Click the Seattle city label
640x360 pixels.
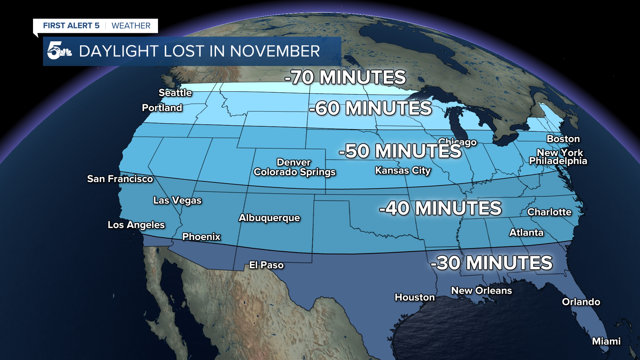175,93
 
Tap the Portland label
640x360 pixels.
162,108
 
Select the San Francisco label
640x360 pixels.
120,179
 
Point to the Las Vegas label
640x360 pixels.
177,200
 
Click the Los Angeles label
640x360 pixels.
136,225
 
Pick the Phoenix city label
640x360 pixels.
201,237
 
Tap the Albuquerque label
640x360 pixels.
269,218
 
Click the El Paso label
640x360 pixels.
266,265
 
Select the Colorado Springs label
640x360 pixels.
294,172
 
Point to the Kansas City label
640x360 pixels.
403,171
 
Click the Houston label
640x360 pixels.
415,297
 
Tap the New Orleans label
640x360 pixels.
481,291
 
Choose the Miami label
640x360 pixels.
606,341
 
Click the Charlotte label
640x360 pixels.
549,212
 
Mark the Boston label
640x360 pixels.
563,139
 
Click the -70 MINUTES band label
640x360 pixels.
345,77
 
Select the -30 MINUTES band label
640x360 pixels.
491,263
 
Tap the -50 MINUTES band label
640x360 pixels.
400,151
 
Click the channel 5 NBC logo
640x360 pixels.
59,51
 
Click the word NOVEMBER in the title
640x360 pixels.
275,51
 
